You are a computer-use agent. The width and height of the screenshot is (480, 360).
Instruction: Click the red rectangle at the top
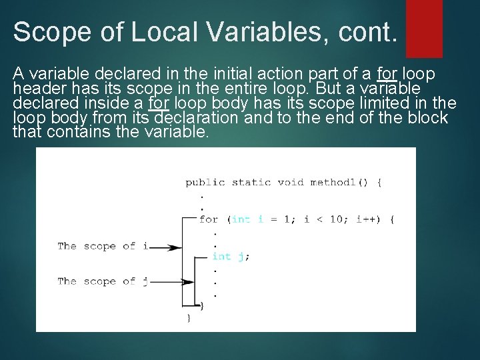424,28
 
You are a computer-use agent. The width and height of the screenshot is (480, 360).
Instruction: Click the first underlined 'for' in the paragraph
387,73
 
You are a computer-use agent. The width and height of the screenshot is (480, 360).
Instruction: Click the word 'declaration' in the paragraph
195,118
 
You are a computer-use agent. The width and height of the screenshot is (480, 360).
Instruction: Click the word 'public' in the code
205,182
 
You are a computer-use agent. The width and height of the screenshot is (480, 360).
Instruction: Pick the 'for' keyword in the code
208,219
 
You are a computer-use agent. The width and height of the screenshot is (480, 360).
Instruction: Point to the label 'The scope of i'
102,246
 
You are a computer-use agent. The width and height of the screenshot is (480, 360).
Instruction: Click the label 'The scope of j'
102,281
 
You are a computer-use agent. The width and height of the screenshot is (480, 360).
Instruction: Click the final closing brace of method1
188,318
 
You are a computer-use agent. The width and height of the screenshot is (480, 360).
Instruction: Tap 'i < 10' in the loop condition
317,219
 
